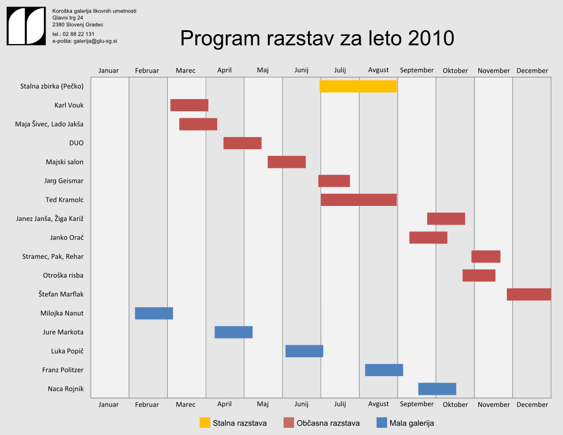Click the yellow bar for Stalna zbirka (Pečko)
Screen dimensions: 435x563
(x=358, y=86)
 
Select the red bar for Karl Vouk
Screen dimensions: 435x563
(x=189, y=105)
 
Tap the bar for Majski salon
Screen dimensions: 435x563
(x=286, y=162)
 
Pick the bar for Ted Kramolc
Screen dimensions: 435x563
(x=358, y=200)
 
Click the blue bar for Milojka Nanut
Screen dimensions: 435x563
(x=154, y=313)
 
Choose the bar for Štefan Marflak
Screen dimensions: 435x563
(x=528, y=294)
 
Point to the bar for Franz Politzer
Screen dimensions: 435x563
(x=384, y=370)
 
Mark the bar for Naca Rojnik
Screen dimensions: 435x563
(x=437, y=389)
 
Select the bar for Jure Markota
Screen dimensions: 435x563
(x=233, y=332)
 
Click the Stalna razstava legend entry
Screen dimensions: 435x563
(x=233, y=423)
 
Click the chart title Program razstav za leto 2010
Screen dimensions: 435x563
(x=317, y=39)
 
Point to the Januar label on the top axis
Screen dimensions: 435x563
(x=108, y=70)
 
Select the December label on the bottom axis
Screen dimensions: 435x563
(x=532, y=405)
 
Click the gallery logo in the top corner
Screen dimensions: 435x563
(x=26, y=26)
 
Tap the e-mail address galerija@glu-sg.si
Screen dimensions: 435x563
(x=95, y=41)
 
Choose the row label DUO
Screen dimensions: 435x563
(x=76, y=143)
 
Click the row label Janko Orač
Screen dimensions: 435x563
(x=67, y=238)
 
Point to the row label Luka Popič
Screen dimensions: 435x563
(x=67, y=351)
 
